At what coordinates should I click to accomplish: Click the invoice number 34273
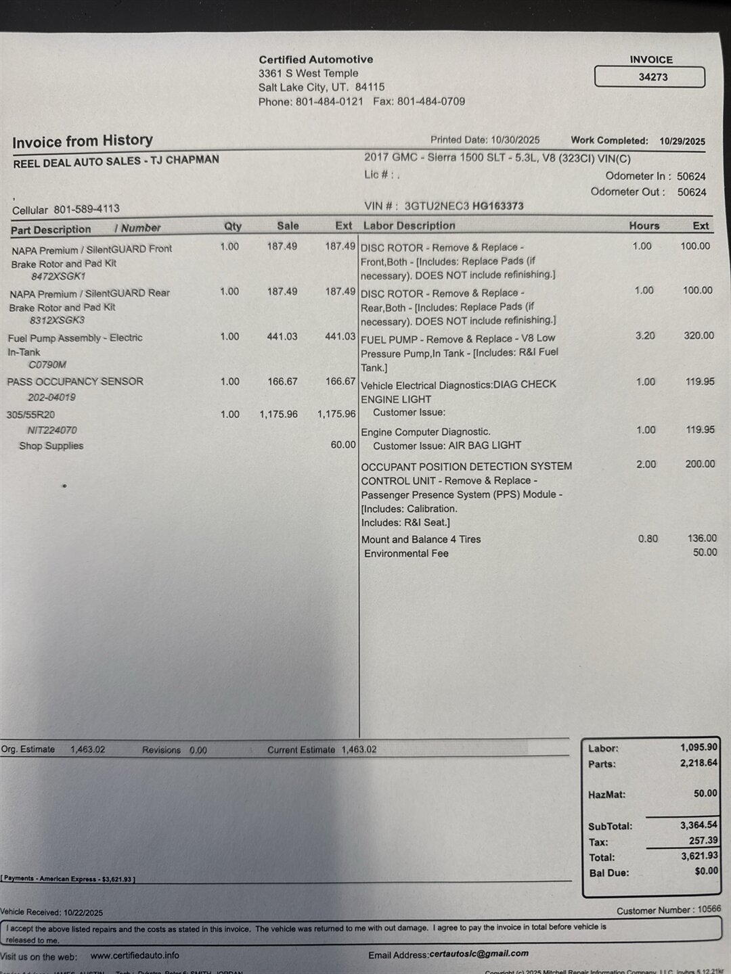652,77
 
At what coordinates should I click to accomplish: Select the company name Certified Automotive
315,60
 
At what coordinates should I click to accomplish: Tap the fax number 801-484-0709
431,101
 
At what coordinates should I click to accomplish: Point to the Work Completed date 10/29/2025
682,141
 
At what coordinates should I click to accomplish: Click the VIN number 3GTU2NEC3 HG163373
464,206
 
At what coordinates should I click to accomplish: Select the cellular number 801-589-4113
87,209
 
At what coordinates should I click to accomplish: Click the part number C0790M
47,365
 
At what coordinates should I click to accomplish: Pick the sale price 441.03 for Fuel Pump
282,336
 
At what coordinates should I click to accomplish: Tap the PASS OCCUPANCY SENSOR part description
75,381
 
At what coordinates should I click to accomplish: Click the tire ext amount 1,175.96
336,414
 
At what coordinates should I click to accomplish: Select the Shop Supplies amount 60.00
342,444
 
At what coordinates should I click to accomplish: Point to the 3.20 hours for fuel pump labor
644,335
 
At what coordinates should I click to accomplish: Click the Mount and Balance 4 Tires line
421,539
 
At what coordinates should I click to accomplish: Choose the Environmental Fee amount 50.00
705,553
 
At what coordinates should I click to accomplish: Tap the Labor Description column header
409,226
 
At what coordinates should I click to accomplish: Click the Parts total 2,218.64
699,763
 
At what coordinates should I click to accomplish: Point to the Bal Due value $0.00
706,871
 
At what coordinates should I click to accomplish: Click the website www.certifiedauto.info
135,955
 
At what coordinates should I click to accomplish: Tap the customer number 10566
709,910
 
